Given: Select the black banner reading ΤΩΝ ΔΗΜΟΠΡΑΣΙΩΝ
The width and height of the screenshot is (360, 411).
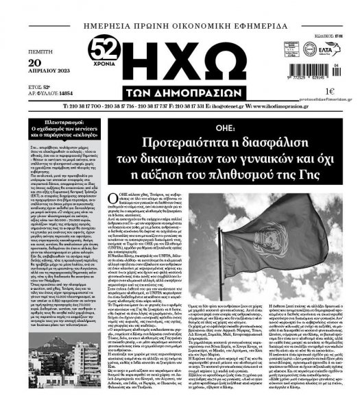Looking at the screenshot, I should click(184, 88).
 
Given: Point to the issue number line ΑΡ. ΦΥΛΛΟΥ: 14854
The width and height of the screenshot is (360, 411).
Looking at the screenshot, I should click(49, 98).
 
